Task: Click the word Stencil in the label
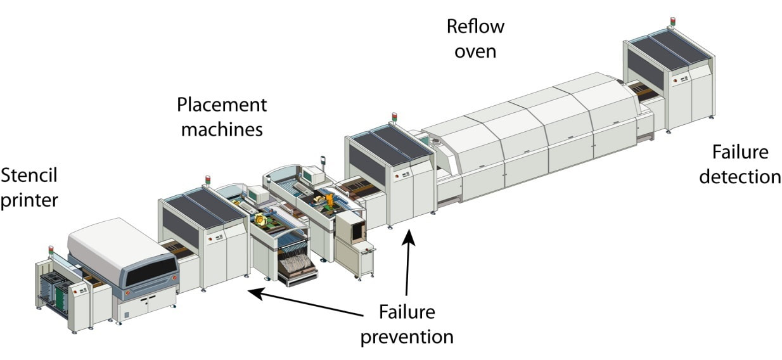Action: click(29, 174)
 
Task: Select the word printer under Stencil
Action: click(29, 200)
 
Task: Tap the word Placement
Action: click(222, 105)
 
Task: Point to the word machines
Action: click(221, 130)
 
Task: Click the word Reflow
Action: click(475, 27)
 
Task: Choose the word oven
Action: click(475, 51)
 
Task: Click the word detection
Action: click(740, 177)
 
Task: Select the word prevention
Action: click(407, 337)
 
